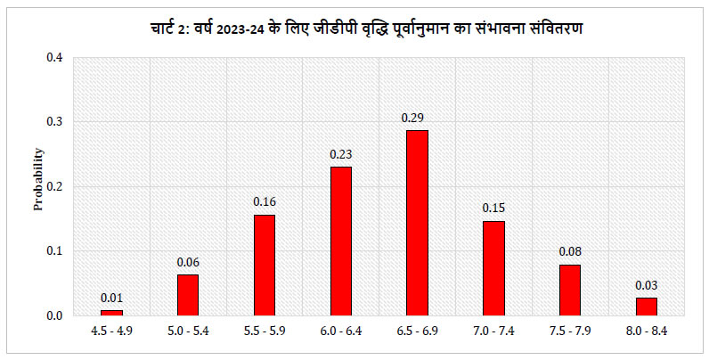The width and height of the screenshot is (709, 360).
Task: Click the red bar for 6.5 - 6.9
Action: pos(417,223)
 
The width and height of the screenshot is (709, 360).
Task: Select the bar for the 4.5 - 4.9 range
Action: pos(111,312)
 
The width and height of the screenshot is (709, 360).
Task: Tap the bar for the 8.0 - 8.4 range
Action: pos(646,306)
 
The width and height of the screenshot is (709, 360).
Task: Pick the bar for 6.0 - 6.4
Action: pos(340,241)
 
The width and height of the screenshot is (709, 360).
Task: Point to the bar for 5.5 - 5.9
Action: pos(265,265)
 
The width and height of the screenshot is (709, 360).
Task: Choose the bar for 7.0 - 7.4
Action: pos(493,267)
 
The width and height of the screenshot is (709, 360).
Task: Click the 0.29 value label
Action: pos(417,118)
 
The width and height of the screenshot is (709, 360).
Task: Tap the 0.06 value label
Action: pos(188,262)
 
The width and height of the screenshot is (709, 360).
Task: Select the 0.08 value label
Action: pos(569,252)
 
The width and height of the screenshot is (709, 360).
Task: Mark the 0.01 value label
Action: pos(111,298)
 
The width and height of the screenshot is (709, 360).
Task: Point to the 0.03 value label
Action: pos(646,285)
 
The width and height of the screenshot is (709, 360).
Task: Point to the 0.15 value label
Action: pos(493,209)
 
